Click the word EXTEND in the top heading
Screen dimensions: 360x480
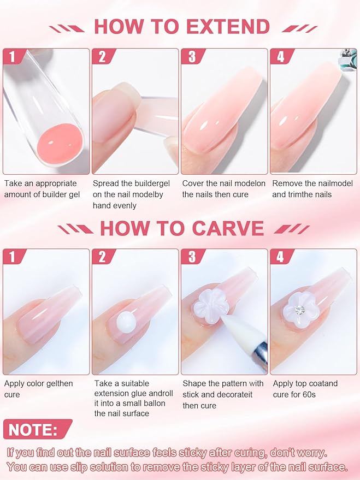(x=228, y=26)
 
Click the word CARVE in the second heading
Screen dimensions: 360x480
(x=228, y=228)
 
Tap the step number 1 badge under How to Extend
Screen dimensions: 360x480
(x=12, y=56)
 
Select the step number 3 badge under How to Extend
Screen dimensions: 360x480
(x=192, y=56)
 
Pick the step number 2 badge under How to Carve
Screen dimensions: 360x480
(x=103, y=257)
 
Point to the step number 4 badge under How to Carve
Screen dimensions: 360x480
(x=280, y=257)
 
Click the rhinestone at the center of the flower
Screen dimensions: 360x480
(x=299, y=310)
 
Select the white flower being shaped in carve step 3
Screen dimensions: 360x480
(x=210, y=306)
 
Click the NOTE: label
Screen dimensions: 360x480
(x=33, y=430)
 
